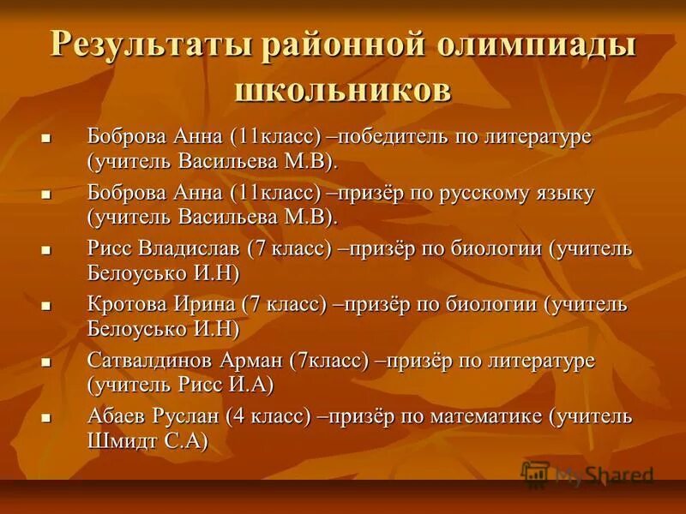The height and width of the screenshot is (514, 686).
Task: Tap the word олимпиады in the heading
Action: point(541,45)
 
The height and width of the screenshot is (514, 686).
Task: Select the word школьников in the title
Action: point(342,88)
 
